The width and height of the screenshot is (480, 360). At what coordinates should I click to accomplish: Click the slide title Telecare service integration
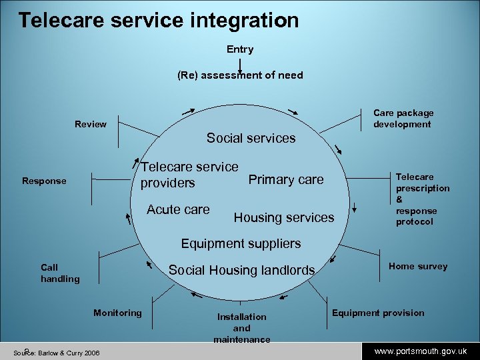[159, 20]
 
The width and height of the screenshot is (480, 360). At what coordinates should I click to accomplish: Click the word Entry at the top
[240, 49]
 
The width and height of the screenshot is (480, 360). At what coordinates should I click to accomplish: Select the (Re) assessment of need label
[240, 75]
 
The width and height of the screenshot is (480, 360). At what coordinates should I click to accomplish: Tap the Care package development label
[403, 119]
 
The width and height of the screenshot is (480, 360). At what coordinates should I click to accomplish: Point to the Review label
[91, 124]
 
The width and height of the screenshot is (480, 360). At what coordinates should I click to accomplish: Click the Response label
[44, 181]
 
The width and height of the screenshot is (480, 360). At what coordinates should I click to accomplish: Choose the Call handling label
[60, 273]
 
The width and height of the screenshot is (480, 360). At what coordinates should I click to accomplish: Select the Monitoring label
[117, 313]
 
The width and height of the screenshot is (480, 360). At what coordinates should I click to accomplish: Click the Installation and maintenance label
[241, 328]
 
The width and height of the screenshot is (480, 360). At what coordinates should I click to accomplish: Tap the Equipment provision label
[378, 313]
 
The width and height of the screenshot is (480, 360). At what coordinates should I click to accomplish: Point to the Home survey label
[418, 266]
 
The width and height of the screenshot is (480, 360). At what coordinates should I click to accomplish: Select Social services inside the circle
[251, 138]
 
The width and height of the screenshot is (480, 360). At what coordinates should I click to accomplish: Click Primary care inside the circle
[285, 179]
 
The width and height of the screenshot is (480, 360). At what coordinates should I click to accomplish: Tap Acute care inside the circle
[178, 209]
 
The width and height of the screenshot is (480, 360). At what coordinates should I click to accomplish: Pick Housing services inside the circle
[284, 217]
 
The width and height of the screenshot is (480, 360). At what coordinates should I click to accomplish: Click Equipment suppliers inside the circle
[241, 243]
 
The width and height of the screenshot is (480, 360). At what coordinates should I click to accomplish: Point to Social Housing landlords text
[241, 270]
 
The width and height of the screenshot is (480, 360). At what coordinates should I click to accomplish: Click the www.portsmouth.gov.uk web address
[420, 351]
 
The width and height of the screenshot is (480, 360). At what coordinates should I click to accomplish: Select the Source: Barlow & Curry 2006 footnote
[57, 352]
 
